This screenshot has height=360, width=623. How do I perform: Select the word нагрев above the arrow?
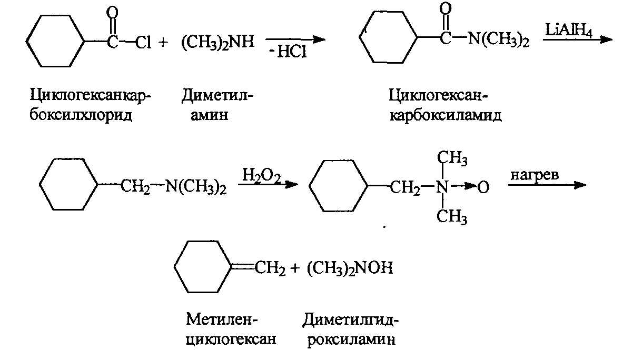pos(532,174)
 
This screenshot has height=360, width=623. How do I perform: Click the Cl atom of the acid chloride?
pos(143,43)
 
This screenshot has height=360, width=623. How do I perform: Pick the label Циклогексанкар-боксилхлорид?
pos(90,105)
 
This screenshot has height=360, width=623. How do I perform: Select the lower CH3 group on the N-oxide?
pos(453,214)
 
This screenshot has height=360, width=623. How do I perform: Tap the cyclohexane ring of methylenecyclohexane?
pos(203,268)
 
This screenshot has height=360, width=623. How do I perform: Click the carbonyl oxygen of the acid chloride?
pos(112,12)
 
